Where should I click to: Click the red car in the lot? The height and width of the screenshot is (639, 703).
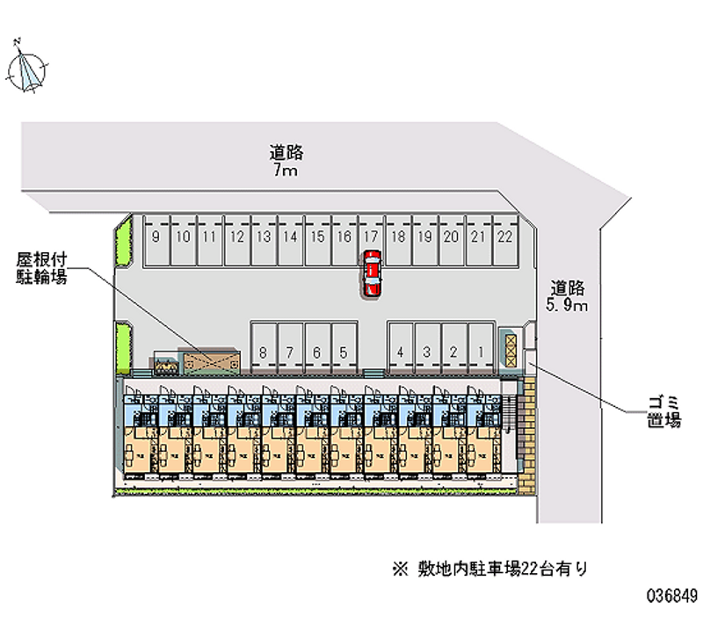[373, 272]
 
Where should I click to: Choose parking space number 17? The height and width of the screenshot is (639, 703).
[371, 236]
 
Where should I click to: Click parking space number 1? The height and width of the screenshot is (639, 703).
[480, 352]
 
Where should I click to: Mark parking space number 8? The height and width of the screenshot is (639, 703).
[264, 352]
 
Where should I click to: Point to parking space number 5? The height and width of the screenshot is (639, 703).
[344, 352]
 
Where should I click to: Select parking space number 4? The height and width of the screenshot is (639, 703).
[400, 352]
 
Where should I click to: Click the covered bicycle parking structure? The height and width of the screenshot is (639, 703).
[209, 361]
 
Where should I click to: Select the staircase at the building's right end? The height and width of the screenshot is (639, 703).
[510, 413]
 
